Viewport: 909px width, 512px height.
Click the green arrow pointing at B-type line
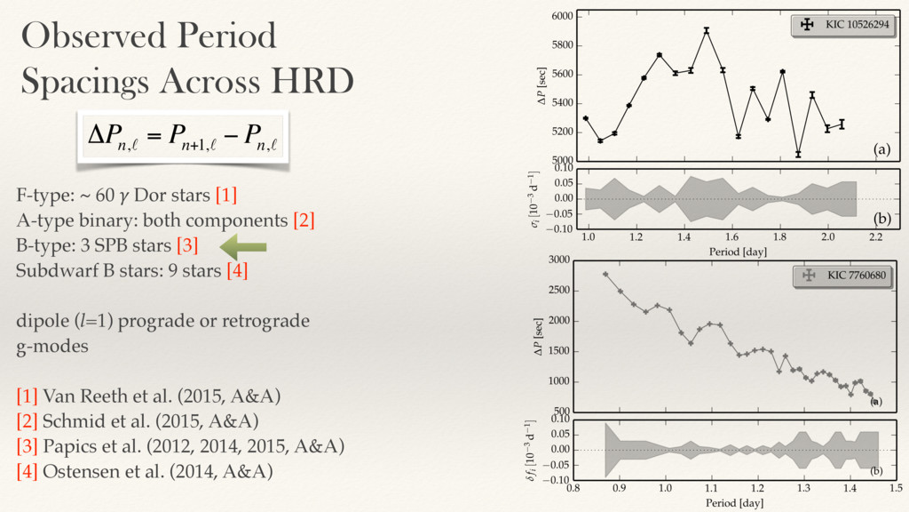242,245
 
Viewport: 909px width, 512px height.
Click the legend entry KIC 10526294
841,25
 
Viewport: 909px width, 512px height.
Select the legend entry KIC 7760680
841,276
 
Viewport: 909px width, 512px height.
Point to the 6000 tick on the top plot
561,16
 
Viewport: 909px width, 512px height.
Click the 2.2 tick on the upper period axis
875,238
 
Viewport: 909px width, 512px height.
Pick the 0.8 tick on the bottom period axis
573,488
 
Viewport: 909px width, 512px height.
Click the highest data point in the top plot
707,30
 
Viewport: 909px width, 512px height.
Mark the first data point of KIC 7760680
605,274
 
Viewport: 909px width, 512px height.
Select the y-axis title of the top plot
542,87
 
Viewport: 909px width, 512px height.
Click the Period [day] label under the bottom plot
733,503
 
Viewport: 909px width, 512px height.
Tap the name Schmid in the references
70,420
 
